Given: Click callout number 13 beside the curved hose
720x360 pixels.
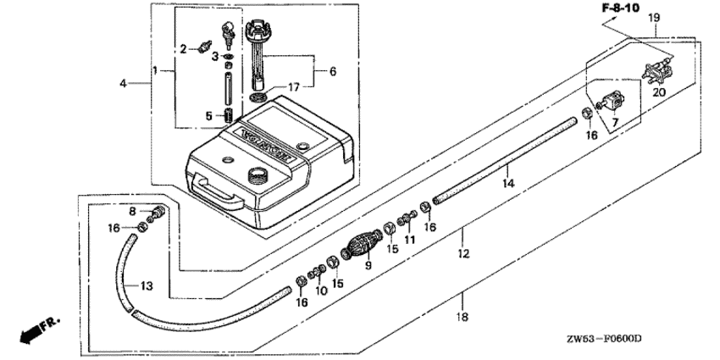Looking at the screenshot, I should [147, 286].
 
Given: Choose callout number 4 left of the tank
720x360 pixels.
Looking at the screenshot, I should [124, 83].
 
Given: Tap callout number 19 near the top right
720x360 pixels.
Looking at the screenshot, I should [654, 18].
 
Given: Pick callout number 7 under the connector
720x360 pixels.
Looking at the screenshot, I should [615, 122].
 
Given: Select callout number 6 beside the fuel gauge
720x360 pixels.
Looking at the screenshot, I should [332, 72].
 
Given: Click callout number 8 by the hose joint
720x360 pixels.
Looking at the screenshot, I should [132, 211].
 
